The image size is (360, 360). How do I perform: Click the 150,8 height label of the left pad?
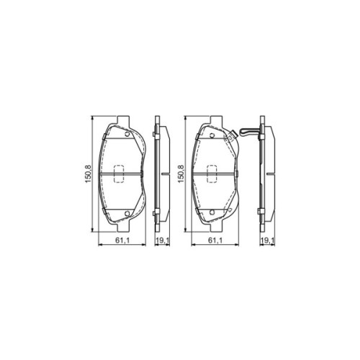(87, 173)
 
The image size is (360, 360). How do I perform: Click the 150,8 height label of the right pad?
(180, 173)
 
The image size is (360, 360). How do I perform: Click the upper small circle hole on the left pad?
(127, 133)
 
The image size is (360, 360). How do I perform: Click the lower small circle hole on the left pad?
(127, 212)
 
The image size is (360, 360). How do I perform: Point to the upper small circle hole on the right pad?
(221, 133)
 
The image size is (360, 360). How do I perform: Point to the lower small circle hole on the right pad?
(221, 212)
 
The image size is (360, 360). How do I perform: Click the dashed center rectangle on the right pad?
(214, 173)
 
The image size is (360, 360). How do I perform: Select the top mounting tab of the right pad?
(214, 118)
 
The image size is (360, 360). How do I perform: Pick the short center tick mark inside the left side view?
(165, 173)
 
